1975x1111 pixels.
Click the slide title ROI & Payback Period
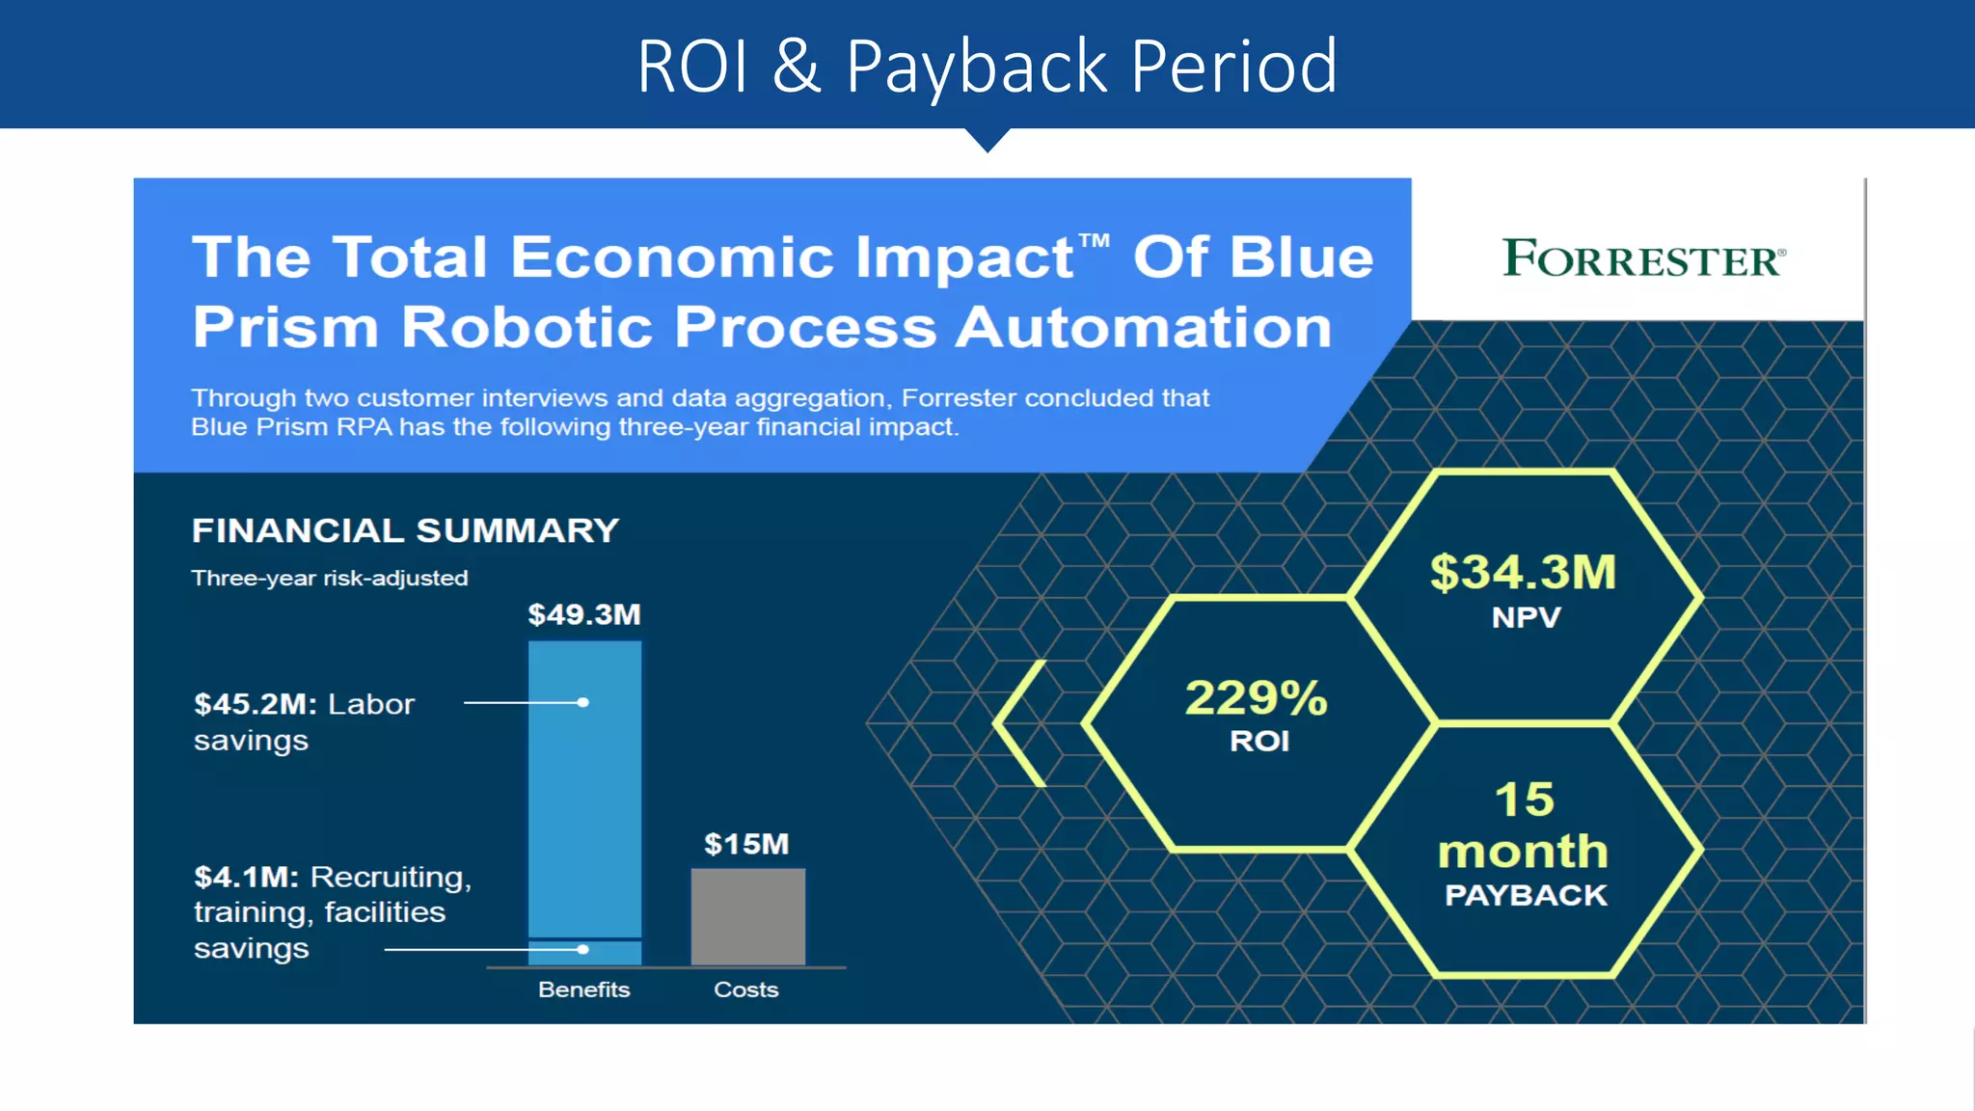click(x=987, y=66)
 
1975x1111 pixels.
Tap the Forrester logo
click(x=1643, y=258)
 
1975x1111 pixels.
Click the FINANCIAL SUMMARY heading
click(x=405, y=530)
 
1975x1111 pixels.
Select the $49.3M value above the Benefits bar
click(x=584, y=614)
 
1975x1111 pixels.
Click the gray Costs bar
click(x=747, y=916)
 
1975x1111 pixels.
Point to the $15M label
click(x=746, y=844)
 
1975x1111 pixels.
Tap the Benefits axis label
click(x=583, y=989)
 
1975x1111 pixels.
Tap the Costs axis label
click(x=745, y=989)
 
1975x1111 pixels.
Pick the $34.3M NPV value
click(x=1523, y=572)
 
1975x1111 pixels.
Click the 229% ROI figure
click(x=1257, y=698)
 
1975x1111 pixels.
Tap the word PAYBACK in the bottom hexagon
click(x=1526, y=896)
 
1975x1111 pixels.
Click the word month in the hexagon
click(x=1523, y=851)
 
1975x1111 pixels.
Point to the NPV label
click(x=1526, y=617)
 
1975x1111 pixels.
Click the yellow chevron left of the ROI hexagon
click(x=1018, y=722)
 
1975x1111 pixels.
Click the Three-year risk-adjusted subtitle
click(x=330, y=578)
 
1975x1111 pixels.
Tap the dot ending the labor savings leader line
click(x=582, y=702)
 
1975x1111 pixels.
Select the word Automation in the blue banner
click(x=1144, y=327)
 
